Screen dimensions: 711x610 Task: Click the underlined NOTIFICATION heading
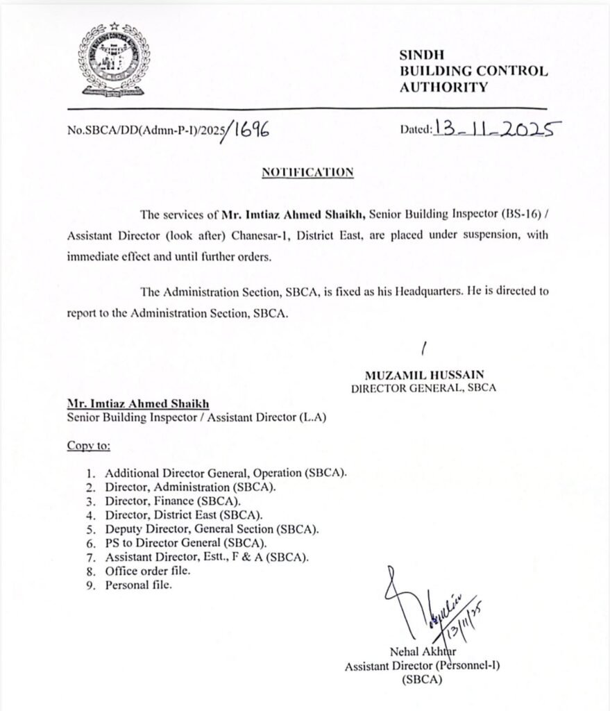(x=307, y=172)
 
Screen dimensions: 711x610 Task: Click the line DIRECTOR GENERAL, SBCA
(x=423, y=388)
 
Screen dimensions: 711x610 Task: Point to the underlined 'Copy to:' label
(x=88, y=444)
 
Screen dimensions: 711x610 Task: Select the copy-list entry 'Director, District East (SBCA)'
(x=183, y=515)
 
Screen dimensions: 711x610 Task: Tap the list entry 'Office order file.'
(x=147, y=571)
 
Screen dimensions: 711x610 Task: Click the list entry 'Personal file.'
(x=138, y=585)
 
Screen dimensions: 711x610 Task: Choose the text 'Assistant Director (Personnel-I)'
(x=423, y=665)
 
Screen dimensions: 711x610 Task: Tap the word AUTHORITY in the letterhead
(x=443, y=87)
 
